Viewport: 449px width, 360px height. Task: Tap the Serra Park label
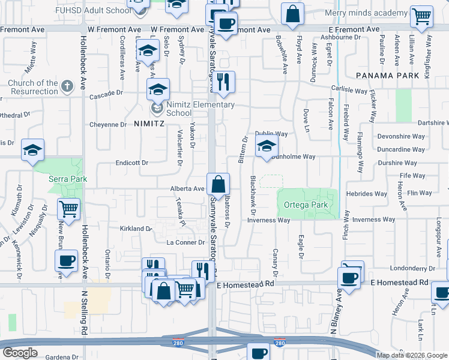click(x=68, y=179)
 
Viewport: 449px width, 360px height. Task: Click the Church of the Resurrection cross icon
click(x=67, y=85)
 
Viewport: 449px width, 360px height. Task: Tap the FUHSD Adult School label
click(x=91, y=11)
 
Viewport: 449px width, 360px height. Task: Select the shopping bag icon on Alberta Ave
click(x=218, y=184)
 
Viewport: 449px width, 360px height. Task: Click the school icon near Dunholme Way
click(x=267, y=146)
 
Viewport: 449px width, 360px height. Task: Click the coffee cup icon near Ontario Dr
click(x=66, y=261)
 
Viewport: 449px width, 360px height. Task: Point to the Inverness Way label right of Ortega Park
click(x=374, y=220)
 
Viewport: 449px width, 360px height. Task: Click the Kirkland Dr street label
click(x=136, y=229)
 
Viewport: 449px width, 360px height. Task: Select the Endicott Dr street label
click(x=132, y=163)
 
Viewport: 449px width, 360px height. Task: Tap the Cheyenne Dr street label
click(x=108, y=125)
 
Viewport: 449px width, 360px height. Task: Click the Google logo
click(x=20, y=352)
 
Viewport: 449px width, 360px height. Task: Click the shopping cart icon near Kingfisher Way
click(x=422, y=17)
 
